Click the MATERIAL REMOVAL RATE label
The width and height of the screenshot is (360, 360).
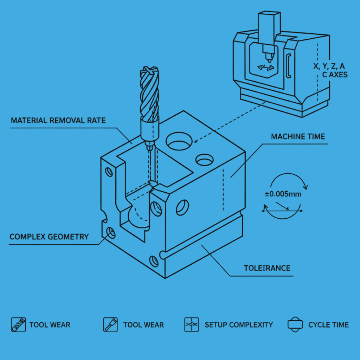tap(58, 121)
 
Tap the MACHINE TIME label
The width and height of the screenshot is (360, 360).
tap(298, 136)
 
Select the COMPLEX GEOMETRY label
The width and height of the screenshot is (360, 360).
tap(49, 237)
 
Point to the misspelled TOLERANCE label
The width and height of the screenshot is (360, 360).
tap(267, 268)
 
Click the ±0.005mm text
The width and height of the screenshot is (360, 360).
tap(283, 194)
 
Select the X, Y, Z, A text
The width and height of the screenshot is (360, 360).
tap(329, 66)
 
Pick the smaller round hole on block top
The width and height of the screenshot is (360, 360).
tap(204, 160)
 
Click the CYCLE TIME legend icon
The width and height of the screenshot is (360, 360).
tap(295, 324)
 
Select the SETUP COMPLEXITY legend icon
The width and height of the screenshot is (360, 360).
tap(192, 324)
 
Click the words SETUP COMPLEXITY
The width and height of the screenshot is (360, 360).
tap(239, 325)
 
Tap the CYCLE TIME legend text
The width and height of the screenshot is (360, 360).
tap(328, 325)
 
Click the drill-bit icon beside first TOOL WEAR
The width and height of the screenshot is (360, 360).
tap(18, 324)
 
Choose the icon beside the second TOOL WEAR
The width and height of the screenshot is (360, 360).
tap(110, 324)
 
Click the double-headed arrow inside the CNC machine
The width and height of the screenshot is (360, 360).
tap(265, 67)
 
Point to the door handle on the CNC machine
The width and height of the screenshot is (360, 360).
tap(288, 66)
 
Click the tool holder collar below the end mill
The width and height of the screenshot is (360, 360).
tap(149, 130)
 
